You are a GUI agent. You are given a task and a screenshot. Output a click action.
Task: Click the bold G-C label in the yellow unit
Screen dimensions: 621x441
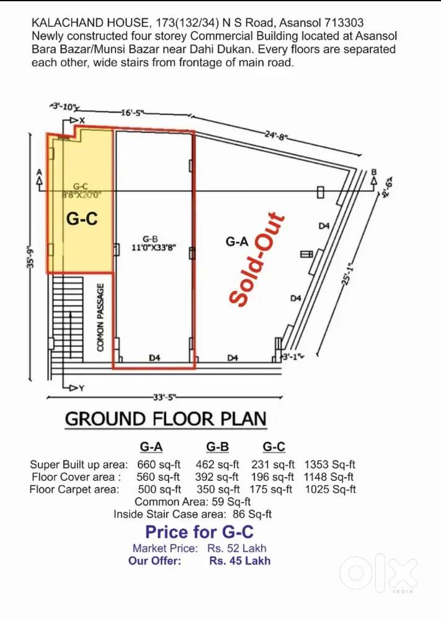click(82, 219)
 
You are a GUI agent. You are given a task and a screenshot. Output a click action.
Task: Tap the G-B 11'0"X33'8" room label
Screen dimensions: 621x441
click(153, 243)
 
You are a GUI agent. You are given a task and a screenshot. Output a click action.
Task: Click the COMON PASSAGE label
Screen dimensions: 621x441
click(100, 317)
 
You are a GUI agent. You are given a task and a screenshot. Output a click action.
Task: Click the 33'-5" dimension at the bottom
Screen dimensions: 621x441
click(162, 397)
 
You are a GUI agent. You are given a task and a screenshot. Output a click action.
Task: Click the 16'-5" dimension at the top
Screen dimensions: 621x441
click(132, 112)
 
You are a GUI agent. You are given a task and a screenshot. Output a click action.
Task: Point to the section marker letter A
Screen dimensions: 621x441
click(40, 172)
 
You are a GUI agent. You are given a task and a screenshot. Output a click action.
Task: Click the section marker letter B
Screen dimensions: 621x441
click(373, 172)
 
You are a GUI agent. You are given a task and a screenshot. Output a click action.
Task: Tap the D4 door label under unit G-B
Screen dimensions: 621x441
click(155, 358)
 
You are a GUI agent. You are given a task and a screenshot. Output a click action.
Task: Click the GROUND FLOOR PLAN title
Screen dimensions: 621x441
click(166, 419)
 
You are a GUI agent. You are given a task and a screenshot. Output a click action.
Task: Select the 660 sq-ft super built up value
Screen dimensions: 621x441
click(158, 464)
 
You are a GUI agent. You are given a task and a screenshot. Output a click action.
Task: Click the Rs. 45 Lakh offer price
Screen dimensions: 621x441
click(239, 561)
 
